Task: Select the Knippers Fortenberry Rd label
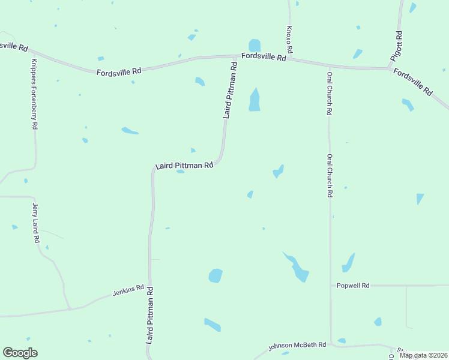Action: (34, 95)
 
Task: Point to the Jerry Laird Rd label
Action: (35, 223)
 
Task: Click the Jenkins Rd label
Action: (128, 291)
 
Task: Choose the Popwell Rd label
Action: (352, 286)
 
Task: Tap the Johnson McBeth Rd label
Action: (297, 346)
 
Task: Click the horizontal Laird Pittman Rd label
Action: (184, 166)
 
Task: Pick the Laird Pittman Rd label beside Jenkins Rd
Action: (150, 314)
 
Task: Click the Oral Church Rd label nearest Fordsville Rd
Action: (330, 94)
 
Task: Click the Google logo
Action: (20, 353)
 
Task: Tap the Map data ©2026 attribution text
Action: (423, 355)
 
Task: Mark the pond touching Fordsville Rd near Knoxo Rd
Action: (255, 46)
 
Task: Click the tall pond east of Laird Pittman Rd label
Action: (255, 100)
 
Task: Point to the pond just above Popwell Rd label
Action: (348, 263)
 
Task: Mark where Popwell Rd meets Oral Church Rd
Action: (331, 286)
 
